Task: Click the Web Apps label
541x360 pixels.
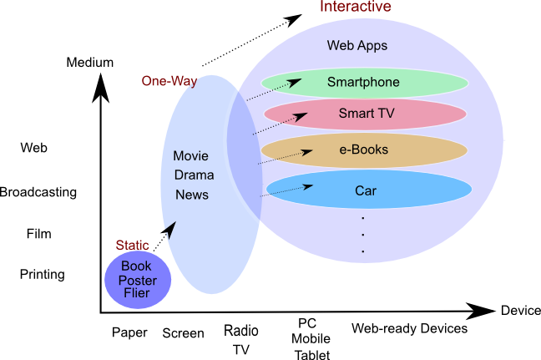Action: click(356, 45)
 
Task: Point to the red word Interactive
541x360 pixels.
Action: click(356, 8)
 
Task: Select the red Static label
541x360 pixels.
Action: click(132, 246)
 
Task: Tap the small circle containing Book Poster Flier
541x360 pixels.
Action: click(138, 280)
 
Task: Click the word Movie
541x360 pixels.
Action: click(190, 156)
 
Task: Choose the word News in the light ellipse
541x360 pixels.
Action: click(191, 195)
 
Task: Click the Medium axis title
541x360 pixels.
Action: click(89, 63)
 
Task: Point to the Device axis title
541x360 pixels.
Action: click(520, 311)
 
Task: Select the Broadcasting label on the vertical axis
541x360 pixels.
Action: click(38, 192)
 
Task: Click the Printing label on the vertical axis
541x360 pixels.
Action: click(42, 274)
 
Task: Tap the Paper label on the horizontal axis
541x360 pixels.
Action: click(129, 332)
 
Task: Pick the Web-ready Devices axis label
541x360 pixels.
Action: click(408, 328)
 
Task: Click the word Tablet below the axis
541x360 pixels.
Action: click(311, 354)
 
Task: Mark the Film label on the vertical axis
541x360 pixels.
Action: click(38, 234)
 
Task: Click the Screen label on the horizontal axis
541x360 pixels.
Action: click(183, 333)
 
